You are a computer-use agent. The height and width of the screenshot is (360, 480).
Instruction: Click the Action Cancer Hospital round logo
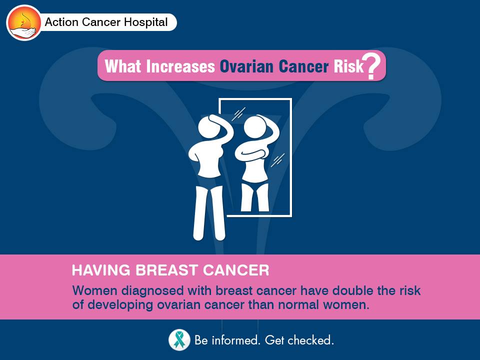pos(24,22)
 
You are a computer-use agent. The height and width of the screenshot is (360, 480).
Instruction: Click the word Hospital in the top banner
pos(145,22)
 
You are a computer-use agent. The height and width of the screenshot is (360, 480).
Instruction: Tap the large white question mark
pos(371,66)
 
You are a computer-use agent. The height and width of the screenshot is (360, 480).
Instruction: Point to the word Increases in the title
pos(180,66)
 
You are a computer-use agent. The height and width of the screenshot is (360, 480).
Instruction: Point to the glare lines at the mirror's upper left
pos(238,114)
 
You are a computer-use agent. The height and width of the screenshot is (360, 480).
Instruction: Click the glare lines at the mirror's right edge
pos(277,160)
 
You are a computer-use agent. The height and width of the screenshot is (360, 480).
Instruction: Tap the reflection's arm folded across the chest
pos(251,153)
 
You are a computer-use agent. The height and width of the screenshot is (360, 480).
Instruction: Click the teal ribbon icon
pos(179,340)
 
